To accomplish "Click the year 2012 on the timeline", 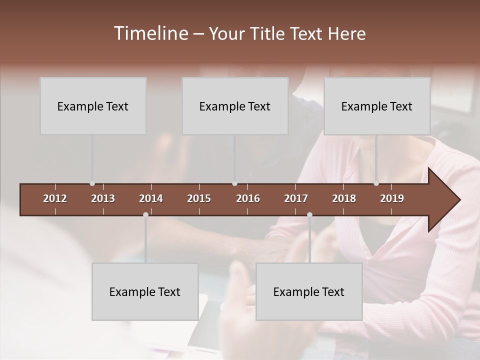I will [55, 198].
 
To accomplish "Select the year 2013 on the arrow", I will [103, 198].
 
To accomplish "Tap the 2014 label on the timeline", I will [151, 198].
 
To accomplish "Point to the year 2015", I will [199, 198].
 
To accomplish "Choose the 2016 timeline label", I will [248, 198].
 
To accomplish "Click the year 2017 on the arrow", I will [296, 198].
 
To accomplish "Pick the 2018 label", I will [344, 198].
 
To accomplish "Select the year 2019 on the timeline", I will [392, 198].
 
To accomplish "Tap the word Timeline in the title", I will [150, 33].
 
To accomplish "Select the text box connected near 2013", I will [93, 106].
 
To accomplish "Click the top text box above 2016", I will [235, 106].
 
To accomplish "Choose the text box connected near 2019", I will [377, 106].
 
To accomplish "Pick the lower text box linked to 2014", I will [145, 291].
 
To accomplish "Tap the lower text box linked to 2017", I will [309, 291].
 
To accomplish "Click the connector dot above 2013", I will [92, 183].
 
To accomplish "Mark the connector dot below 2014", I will [145, 214].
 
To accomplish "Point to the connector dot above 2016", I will [234, 183].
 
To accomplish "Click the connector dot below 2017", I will [309, 214].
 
